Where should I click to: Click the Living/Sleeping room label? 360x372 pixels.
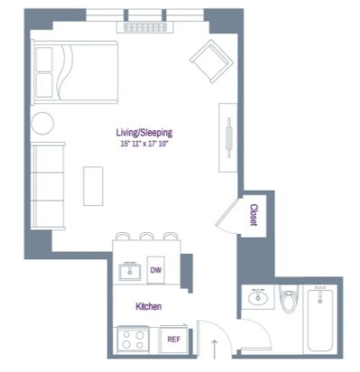click(144, 133)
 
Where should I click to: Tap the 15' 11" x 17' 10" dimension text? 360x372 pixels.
click(143, 144)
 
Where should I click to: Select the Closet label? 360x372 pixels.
click(254, 215)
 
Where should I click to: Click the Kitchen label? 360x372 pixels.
click(149, 307)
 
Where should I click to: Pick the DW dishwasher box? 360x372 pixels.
click(156, 270)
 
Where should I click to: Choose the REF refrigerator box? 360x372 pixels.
click(174, 339)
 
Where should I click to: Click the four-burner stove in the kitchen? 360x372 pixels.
click(133, 339)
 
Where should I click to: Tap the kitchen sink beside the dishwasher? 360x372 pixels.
click(130, 271)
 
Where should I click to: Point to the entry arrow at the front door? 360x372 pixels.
click(214, 349)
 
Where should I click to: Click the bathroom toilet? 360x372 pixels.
click(289, 299)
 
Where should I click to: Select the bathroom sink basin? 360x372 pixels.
click(258, 298)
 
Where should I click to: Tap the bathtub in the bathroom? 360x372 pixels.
click(320, 319)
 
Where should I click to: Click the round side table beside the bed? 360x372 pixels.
click(42, 123)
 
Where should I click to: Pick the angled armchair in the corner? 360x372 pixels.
click(212, 61)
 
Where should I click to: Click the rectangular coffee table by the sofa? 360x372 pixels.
click(93, 186)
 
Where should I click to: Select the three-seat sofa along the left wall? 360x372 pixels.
click(48, 186)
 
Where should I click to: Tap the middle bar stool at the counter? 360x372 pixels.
click(147, 236)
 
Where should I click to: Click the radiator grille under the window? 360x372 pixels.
click(145, 27)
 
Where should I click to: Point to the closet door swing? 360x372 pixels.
click(228, 215)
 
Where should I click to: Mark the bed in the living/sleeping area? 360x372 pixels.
click(75, 72)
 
